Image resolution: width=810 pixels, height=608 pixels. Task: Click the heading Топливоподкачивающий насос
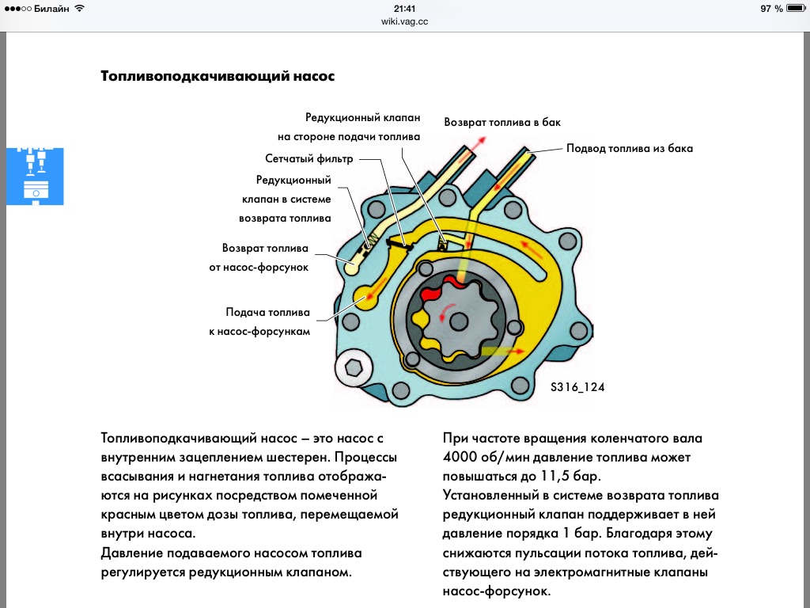pyautogui.click(x=218, y=77)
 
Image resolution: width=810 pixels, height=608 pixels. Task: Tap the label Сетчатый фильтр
pyautogui.click(x=308, y=159)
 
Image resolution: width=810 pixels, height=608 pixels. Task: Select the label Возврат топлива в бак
pyautogui.click(x=502, y=123)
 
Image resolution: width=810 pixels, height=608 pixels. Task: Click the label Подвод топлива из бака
pyautogui.click(x=629, y=148)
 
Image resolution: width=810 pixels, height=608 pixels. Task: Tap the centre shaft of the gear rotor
pyautogui.click(x=457, y=321)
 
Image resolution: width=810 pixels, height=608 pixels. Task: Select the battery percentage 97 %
pyautogui.click(x=771, y=8)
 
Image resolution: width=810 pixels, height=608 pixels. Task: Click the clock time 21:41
pyautogui.click(x=404, y=8)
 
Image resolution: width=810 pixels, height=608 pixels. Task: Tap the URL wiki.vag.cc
pyautogui.click(x=404, y=23)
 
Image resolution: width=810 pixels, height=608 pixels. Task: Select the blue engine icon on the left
pyautogui.click(x=35, y=176)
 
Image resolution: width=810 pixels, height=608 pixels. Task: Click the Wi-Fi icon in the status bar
pyautogui.click(x=80, y=8)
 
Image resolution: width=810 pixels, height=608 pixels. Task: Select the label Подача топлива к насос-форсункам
pyautogui.click(x=268, y=321)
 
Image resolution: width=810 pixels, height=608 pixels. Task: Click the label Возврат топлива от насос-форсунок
pyautogui.click(x=265, y=256)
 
